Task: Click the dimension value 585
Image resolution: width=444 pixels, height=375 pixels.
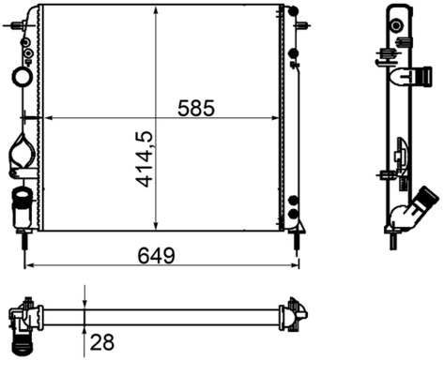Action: click(197, 109)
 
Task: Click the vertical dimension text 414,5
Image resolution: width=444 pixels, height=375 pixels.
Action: click(145, 159)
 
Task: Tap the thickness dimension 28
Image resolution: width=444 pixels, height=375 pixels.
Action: click(101, 342)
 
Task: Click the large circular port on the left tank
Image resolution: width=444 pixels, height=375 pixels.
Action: click(22, 76)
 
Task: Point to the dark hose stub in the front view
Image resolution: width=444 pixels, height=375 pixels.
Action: click(20, 200)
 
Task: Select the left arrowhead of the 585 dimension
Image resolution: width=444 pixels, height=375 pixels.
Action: click(49, 119)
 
